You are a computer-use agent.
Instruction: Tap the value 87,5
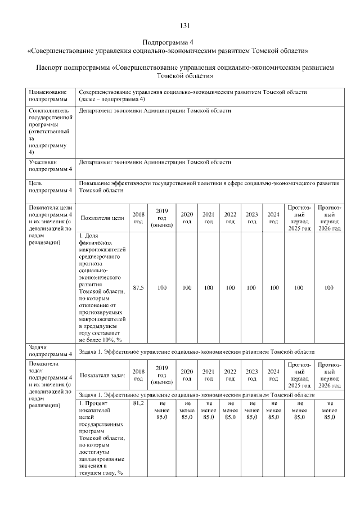tap(138, 287)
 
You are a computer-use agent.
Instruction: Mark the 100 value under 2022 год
tap(230, 287)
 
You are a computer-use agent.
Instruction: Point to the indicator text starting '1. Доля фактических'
tap(102, 287)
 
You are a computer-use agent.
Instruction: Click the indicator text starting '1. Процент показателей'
tap(102, 438)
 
